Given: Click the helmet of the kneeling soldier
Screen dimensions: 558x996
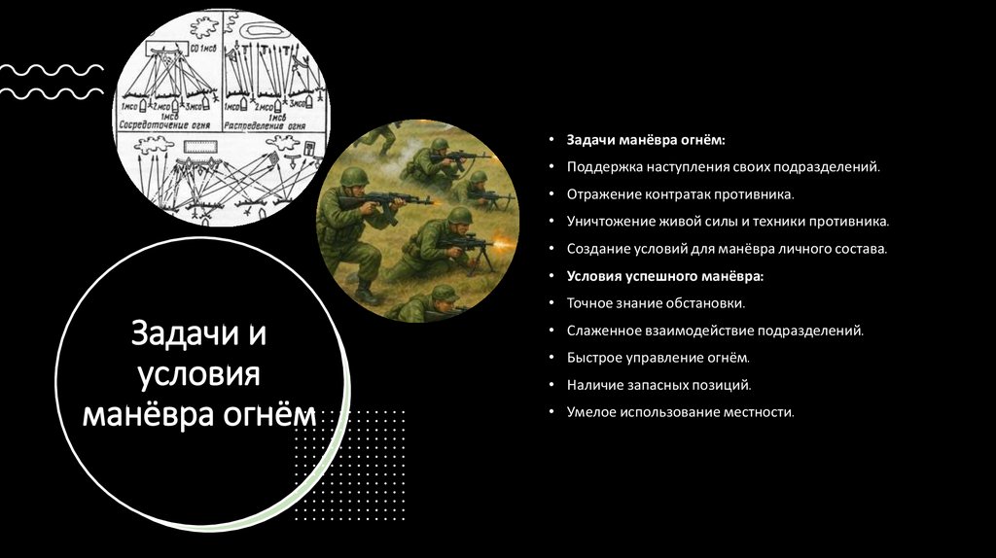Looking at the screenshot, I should pyautogui.click(x=352, y=178).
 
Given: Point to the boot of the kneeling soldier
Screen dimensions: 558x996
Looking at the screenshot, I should pyautogui.click(x=367, y=293).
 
